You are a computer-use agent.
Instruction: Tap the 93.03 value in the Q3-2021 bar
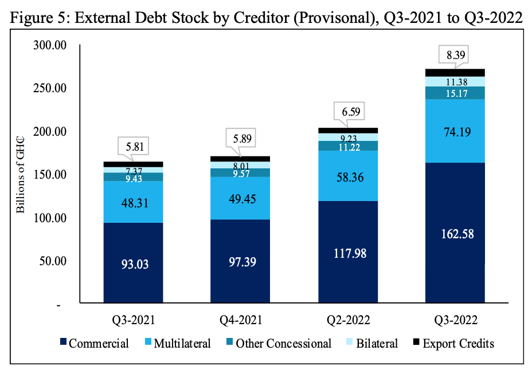133,265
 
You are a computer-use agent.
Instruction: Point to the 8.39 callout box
455,56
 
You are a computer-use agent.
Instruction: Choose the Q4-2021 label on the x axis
240,320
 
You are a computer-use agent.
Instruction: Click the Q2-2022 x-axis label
347,320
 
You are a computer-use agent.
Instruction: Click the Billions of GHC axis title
21,175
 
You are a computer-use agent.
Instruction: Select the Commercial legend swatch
62,344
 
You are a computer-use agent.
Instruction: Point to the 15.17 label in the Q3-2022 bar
455,93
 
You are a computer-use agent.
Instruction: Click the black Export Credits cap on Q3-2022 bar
455,72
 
